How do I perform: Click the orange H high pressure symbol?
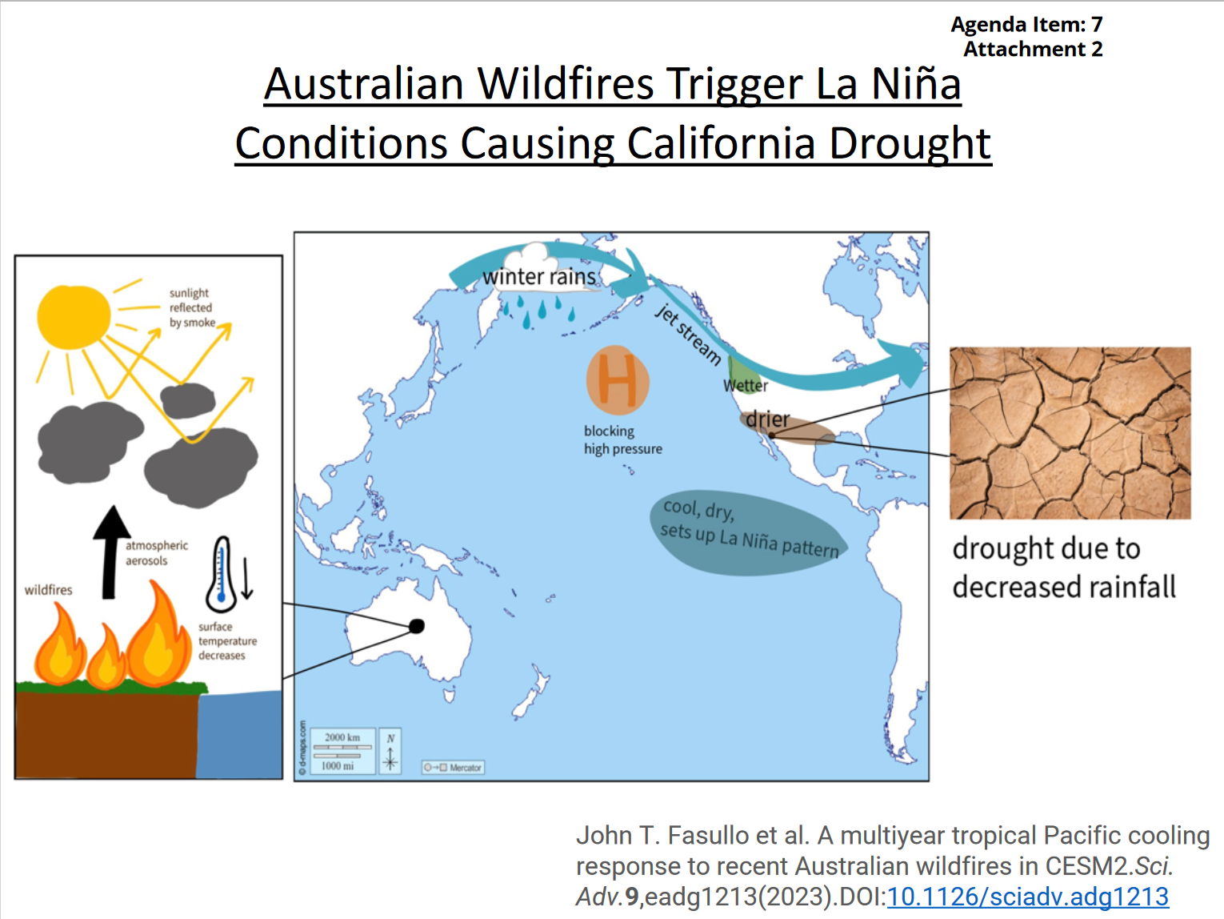[x=618, y=380]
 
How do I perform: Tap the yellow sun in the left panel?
[x=74, y=317]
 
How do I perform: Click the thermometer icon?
[x=222, y=574]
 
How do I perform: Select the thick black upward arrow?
[x=111, y=552]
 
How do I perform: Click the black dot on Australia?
[x=417, y=626]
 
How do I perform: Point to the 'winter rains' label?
[x=538, y=277]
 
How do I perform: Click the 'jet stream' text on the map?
[x=688, y=335]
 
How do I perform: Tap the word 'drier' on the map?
[x=767, y=419]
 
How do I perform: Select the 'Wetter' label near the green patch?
[x=746, y=386]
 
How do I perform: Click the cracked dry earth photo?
[x=1070, y=433]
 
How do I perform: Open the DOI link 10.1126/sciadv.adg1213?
[x=1027, y=897]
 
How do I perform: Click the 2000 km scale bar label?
[x=342, y=737]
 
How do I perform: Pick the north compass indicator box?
[x=390, y=751]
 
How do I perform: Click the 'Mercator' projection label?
[x=465, y=768]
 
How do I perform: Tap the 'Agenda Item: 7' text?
[x=1026, y=25]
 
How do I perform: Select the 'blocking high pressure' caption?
[x=622, y=440]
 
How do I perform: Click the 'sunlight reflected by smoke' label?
[x=192, y=308]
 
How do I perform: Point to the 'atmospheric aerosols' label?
[x=156, y=553]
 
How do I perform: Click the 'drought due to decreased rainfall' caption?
[x=1063, y=568]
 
